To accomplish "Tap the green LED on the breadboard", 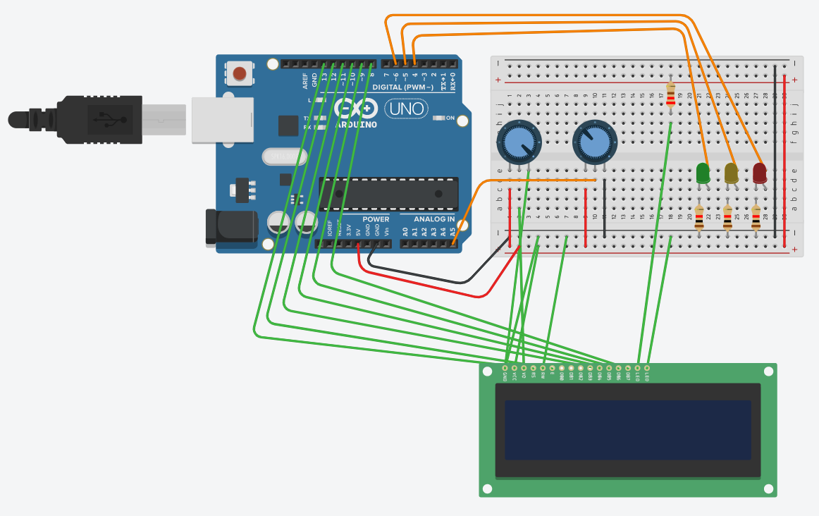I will pyautogui.click(x=703, y=173).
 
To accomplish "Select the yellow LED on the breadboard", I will pyautogui.click(x=731, y=173).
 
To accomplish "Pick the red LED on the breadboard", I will pyautogui.click(x=759, y=173).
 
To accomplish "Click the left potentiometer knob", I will pyautogui.click(x=519, y=142).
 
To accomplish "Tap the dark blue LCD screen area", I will pyautogui.click(x=628, y=430).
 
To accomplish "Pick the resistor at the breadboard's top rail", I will pyautogui.click(x=670, y=94).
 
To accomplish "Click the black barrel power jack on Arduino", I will pyautogui.click(x=229, y=227).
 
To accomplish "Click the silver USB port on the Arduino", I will pyautogui.click(x=222, y=120).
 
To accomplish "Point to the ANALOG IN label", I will pyautogui.click(x=434, y=219).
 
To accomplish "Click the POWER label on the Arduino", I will pyautogui.click(x=376, y=219).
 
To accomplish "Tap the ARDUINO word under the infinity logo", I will pyautogui.click(x=357, y=124).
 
